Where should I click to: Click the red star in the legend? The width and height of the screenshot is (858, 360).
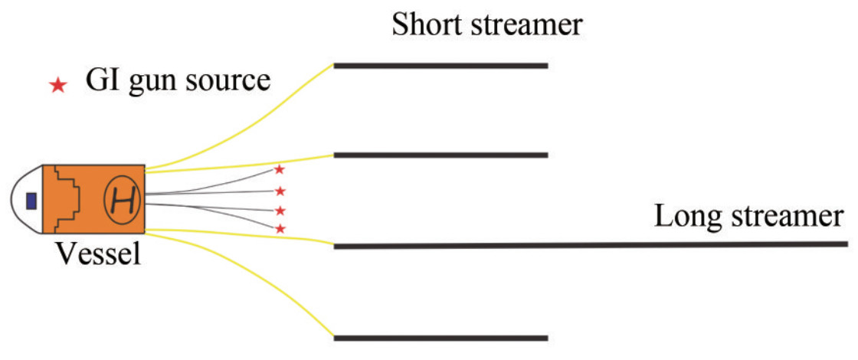[x=57, y=85]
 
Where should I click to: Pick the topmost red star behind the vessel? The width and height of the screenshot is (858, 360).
[x=280, y=169]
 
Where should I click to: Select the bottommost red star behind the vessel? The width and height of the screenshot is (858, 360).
[x=280, y=228]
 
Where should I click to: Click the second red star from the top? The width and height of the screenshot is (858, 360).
[x=280, y=190]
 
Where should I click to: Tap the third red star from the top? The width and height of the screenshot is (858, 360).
[x=280, y=210]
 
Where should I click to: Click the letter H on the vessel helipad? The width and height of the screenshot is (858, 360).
[x=122, y=201]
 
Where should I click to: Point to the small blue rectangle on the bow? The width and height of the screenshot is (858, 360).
[x=31, y=201]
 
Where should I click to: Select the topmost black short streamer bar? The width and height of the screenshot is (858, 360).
[x=440, y=66]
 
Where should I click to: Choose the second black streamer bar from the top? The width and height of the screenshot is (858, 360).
[x=440, y=155]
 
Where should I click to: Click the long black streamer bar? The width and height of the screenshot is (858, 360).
[x=590, y=245]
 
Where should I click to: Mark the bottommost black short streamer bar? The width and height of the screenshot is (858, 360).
[x=440, y=338]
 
